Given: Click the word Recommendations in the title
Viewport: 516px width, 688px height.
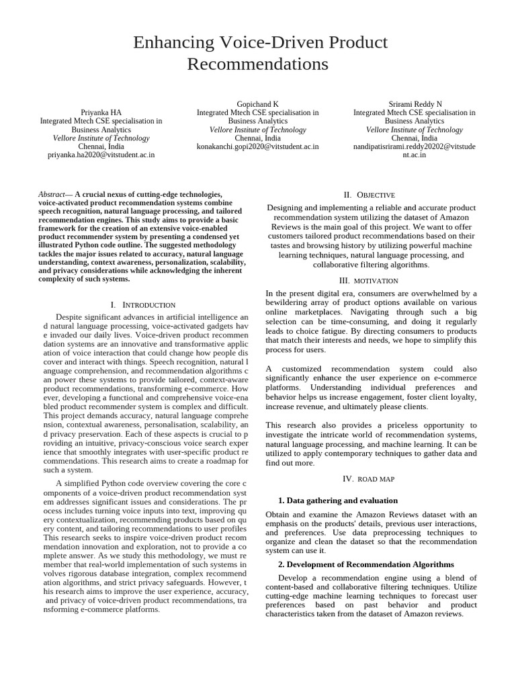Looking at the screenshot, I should (x=257, y=64).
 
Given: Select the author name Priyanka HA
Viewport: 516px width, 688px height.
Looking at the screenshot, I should (x=101, y=113).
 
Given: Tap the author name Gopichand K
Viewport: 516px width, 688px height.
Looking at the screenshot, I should (x=257, y=104).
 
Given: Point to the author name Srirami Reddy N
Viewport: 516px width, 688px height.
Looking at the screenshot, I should (x=415, y=104).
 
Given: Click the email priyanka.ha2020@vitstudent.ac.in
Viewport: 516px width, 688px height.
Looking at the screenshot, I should (x=101, y=155).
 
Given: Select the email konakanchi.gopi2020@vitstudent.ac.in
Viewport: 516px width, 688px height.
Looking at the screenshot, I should (x=257, y=146).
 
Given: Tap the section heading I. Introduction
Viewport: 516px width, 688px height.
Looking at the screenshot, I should (x=142, y=305).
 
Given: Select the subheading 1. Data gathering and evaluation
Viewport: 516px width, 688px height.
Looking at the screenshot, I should (x=338, y=501).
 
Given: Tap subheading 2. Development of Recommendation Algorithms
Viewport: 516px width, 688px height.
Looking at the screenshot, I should (x=365, y=564).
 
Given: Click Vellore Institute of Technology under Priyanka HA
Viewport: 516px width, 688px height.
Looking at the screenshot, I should (x=101, y=138).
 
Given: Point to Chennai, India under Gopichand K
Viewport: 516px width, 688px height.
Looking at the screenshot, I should (x=257, y=138).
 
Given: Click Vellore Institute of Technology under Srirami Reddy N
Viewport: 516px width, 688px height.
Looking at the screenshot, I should (x=415, y=130).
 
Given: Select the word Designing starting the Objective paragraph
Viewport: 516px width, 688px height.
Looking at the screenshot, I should (x=286, y=208).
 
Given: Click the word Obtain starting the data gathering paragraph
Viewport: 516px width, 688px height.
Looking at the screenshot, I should (x=279, y=515).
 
